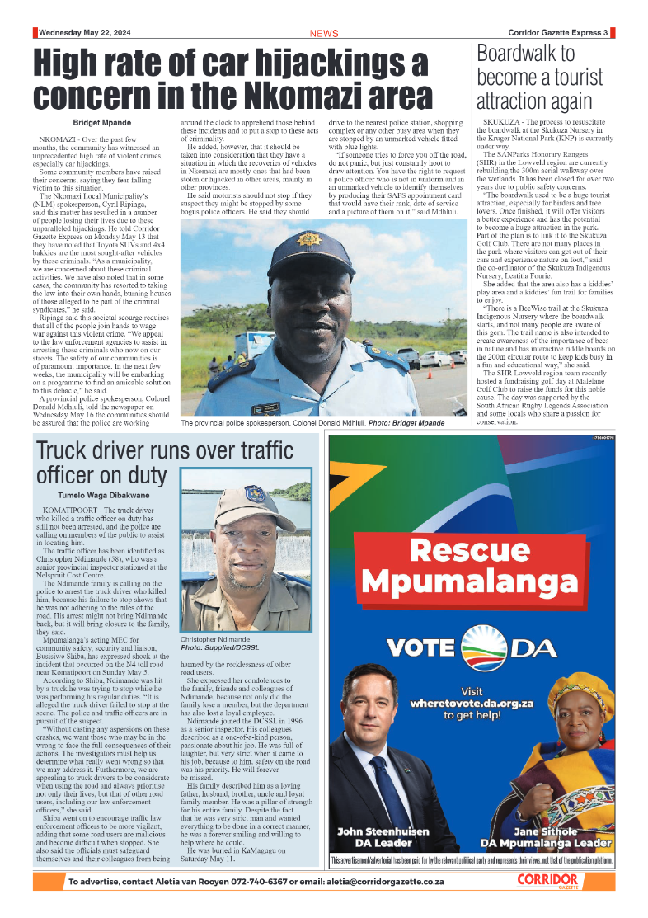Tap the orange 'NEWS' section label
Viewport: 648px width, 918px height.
[x=324, y=34]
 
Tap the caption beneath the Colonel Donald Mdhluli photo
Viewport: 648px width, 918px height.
[x=324, y=423]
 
